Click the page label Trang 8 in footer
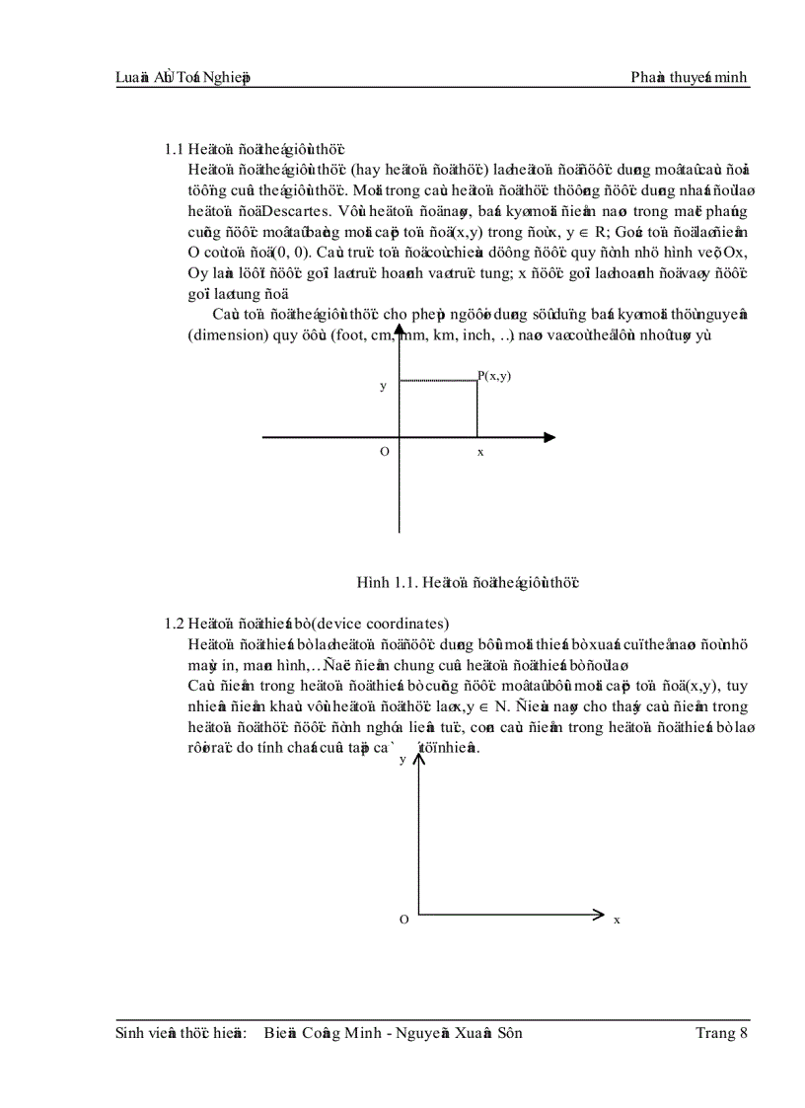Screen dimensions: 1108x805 [x=721, y=1033]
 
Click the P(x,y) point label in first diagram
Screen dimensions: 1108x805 [x=495, y=376]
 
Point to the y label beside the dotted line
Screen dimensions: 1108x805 [x=383, y=387]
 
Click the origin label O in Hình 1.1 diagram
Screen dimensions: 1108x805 [x=384, y=451]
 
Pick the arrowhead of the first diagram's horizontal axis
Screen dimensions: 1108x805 [x=549, y=437]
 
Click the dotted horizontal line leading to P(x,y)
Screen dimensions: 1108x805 [x=438, y=379]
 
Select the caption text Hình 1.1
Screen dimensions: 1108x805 [x=384, y=582]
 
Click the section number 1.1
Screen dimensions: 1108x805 [x=174, y=149]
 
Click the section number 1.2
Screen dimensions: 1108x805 [x=174, y=624]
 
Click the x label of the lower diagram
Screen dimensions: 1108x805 [x=618, y=920]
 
